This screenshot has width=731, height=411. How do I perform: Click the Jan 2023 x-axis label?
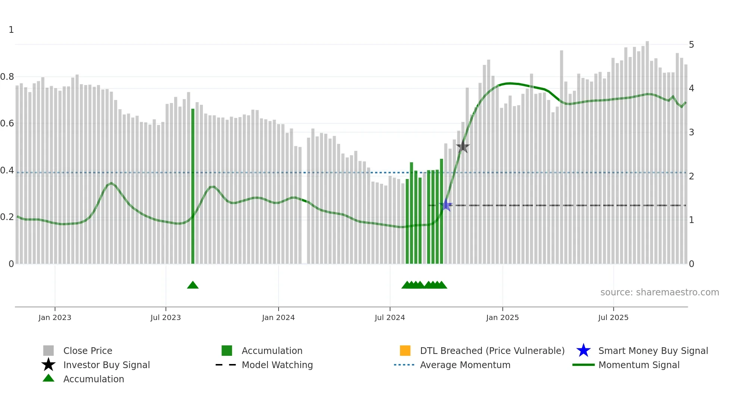pos(55,317)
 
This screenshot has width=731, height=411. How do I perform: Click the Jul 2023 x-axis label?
pos(166,317)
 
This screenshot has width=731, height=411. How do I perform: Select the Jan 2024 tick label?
pos(278,317)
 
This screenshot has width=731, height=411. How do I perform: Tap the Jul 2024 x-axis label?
pos(390,317)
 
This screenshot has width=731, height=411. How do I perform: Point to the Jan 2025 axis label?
pos(502,317)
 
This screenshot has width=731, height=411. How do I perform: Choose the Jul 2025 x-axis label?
pos(613,317)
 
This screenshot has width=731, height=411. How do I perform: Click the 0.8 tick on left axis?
pos(7,77)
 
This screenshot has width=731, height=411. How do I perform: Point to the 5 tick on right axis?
pos(691,45)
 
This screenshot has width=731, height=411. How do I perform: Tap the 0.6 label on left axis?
pos(7,123)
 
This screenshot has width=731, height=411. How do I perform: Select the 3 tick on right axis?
pos(691,132)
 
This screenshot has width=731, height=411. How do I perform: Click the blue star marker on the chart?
pos(446,205)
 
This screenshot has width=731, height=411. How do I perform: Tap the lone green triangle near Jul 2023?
pos(193,285)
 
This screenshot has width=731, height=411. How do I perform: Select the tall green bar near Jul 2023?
pos(193,186)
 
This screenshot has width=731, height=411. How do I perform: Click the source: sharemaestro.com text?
pos(659,292)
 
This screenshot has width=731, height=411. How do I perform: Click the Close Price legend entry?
pos(88,351)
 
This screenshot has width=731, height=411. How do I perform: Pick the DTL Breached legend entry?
pos(492,351)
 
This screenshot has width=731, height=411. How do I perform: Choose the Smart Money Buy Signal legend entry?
pos(653,351)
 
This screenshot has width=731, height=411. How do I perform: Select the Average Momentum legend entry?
pos(465,365)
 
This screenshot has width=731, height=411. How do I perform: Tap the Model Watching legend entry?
pos(277,365)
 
